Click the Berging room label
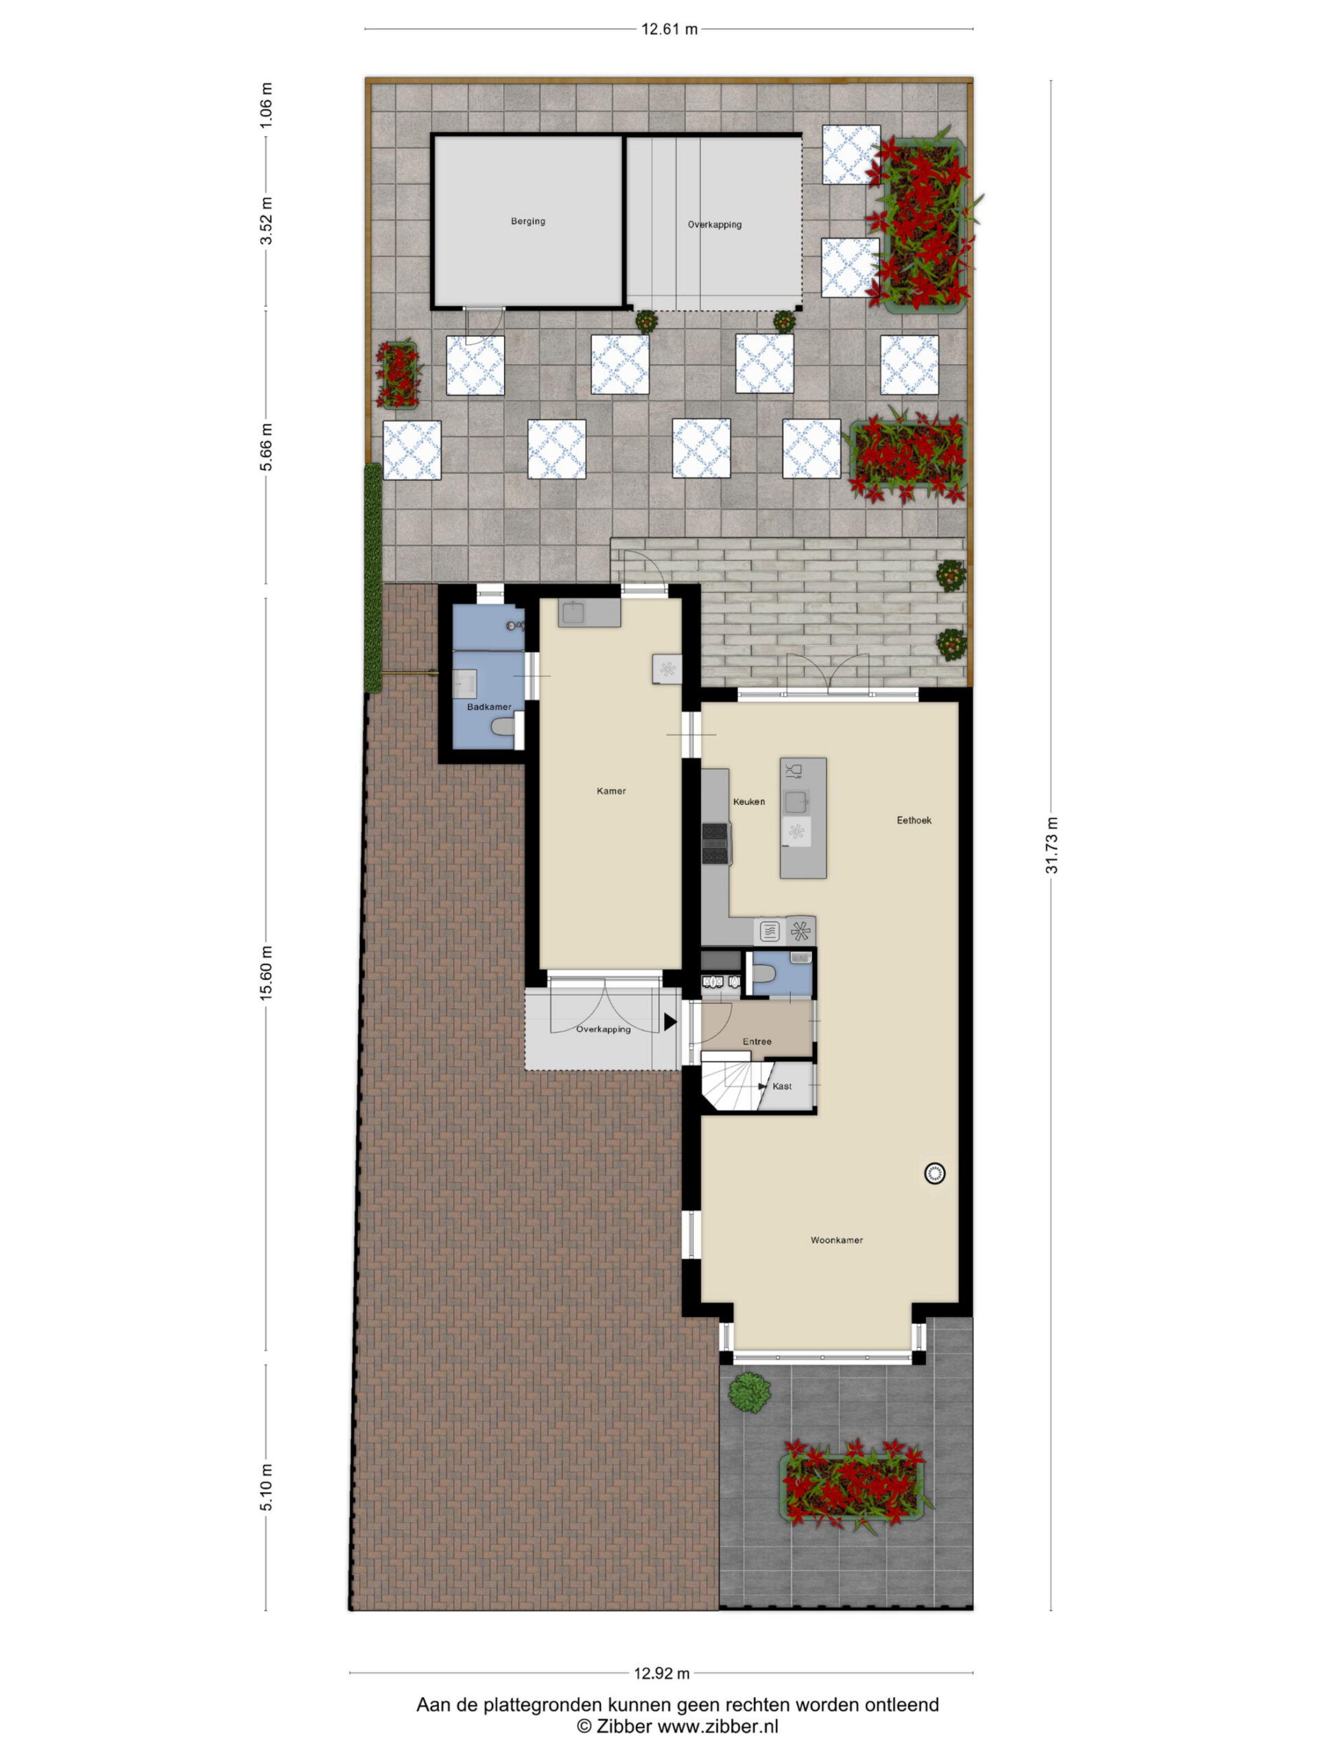528,222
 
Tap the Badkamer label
489,707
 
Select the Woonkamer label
837,1240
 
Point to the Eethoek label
914,820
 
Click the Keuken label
748,802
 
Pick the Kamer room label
611,791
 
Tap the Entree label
757,1041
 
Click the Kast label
782,1086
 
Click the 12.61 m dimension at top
669,29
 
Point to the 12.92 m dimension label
661,1674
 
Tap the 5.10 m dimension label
266,1488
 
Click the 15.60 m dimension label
266,973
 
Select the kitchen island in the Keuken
803,818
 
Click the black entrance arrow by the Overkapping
670,1023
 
